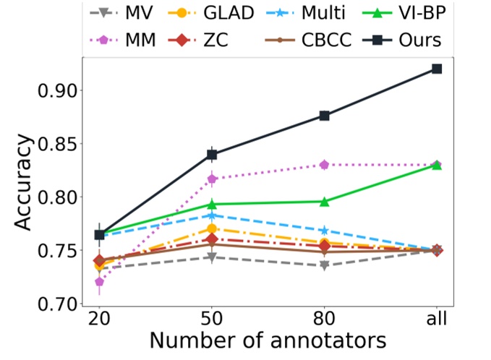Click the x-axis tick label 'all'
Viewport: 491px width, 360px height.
[x=437, y=319]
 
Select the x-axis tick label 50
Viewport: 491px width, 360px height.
[x=211, y=319]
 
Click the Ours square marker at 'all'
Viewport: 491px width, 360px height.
[x=437, y=69]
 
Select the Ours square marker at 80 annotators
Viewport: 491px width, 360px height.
[x=325, y=116]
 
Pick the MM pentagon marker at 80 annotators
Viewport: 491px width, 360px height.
[x=325, y=165]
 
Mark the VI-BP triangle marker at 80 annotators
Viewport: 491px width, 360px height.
[x=325, y=202]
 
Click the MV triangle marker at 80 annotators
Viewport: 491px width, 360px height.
[x=325, y=265]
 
